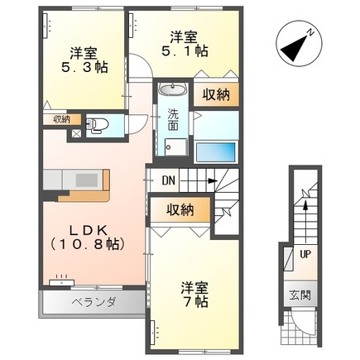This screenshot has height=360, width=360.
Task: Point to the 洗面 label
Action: click(x=173, y=121)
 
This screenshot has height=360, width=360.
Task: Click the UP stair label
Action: click(x=305, y=253)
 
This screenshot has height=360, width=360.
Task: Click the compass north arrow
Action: click(x=297, y=47)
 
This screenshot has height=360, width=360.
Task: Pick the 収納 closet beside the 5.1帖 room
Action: click(x=218, y=94)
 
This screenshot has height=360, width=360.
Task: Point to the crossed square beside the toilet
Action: click(x=77, y=130)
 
